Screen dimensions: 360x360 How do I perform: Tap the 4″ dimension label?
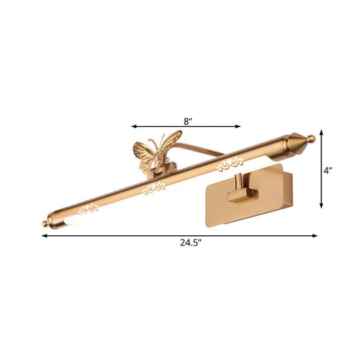tap(327, 171)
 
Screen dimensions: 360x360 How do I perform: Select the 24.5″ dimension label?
tap(180, 243)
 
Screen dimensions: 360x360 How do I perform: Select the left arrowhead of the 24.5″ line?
tap(45, 235)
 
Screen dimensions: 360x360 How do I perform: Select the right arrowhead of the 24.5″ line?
tap(315, 235)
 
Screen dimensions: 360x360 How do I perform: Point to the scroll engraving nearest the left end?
tap(88, 210)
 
